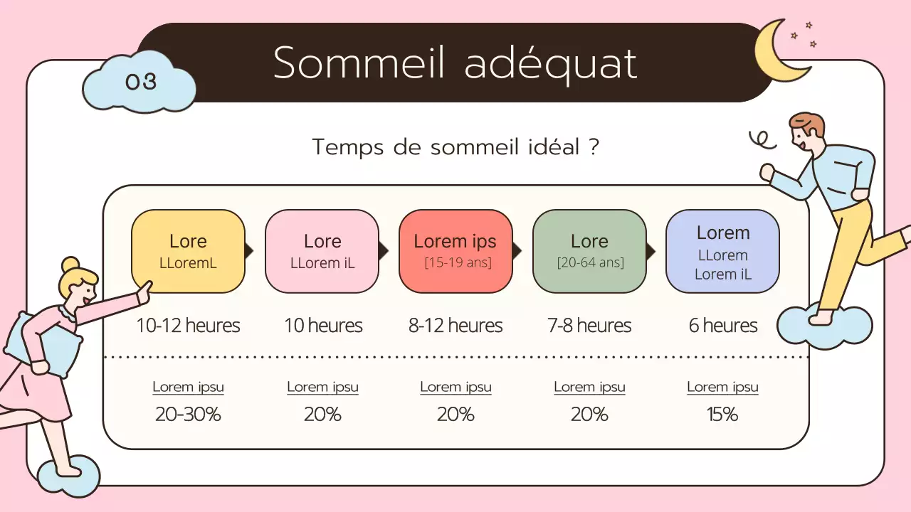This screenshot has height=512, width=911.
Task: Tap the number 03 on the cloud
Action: coord(140,82)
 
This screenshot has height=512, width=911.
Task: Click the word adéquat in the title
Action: coord(550,63)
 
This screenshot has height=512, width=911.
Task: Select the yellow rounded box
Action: coord(188,251)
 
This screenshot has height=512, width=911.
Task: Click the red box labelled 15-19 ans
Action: coord(455,251)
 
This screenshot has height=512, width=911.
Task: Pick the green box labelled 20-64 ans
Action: coord(589,251)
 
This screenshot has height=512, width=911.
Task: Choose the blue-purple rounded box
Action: coord(722,251)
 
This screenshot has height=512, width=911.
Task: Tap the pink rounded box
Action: coord(322,251)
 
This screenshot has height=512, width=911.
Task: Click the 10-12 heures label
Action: coord(188,326)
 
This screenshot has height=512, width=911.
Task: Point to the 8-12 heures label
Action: coord(455,326)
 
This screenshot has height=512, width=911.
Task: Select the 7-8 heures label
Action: coord(589,326)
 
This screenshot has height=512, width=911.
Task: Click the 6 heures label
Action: coord(722,326)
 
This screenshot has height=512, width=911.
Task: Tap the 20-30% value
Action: coord(188,414)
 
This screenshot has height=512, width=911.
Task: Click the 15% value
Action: coord(722,414)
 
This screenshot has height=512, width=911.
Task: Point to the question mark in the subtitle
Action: coord(593,147)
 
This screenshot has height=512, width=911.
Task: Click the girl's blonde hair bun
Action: coord(70,265)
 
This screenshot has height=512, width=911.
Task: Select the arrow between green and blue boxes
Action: coord(650,251)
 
